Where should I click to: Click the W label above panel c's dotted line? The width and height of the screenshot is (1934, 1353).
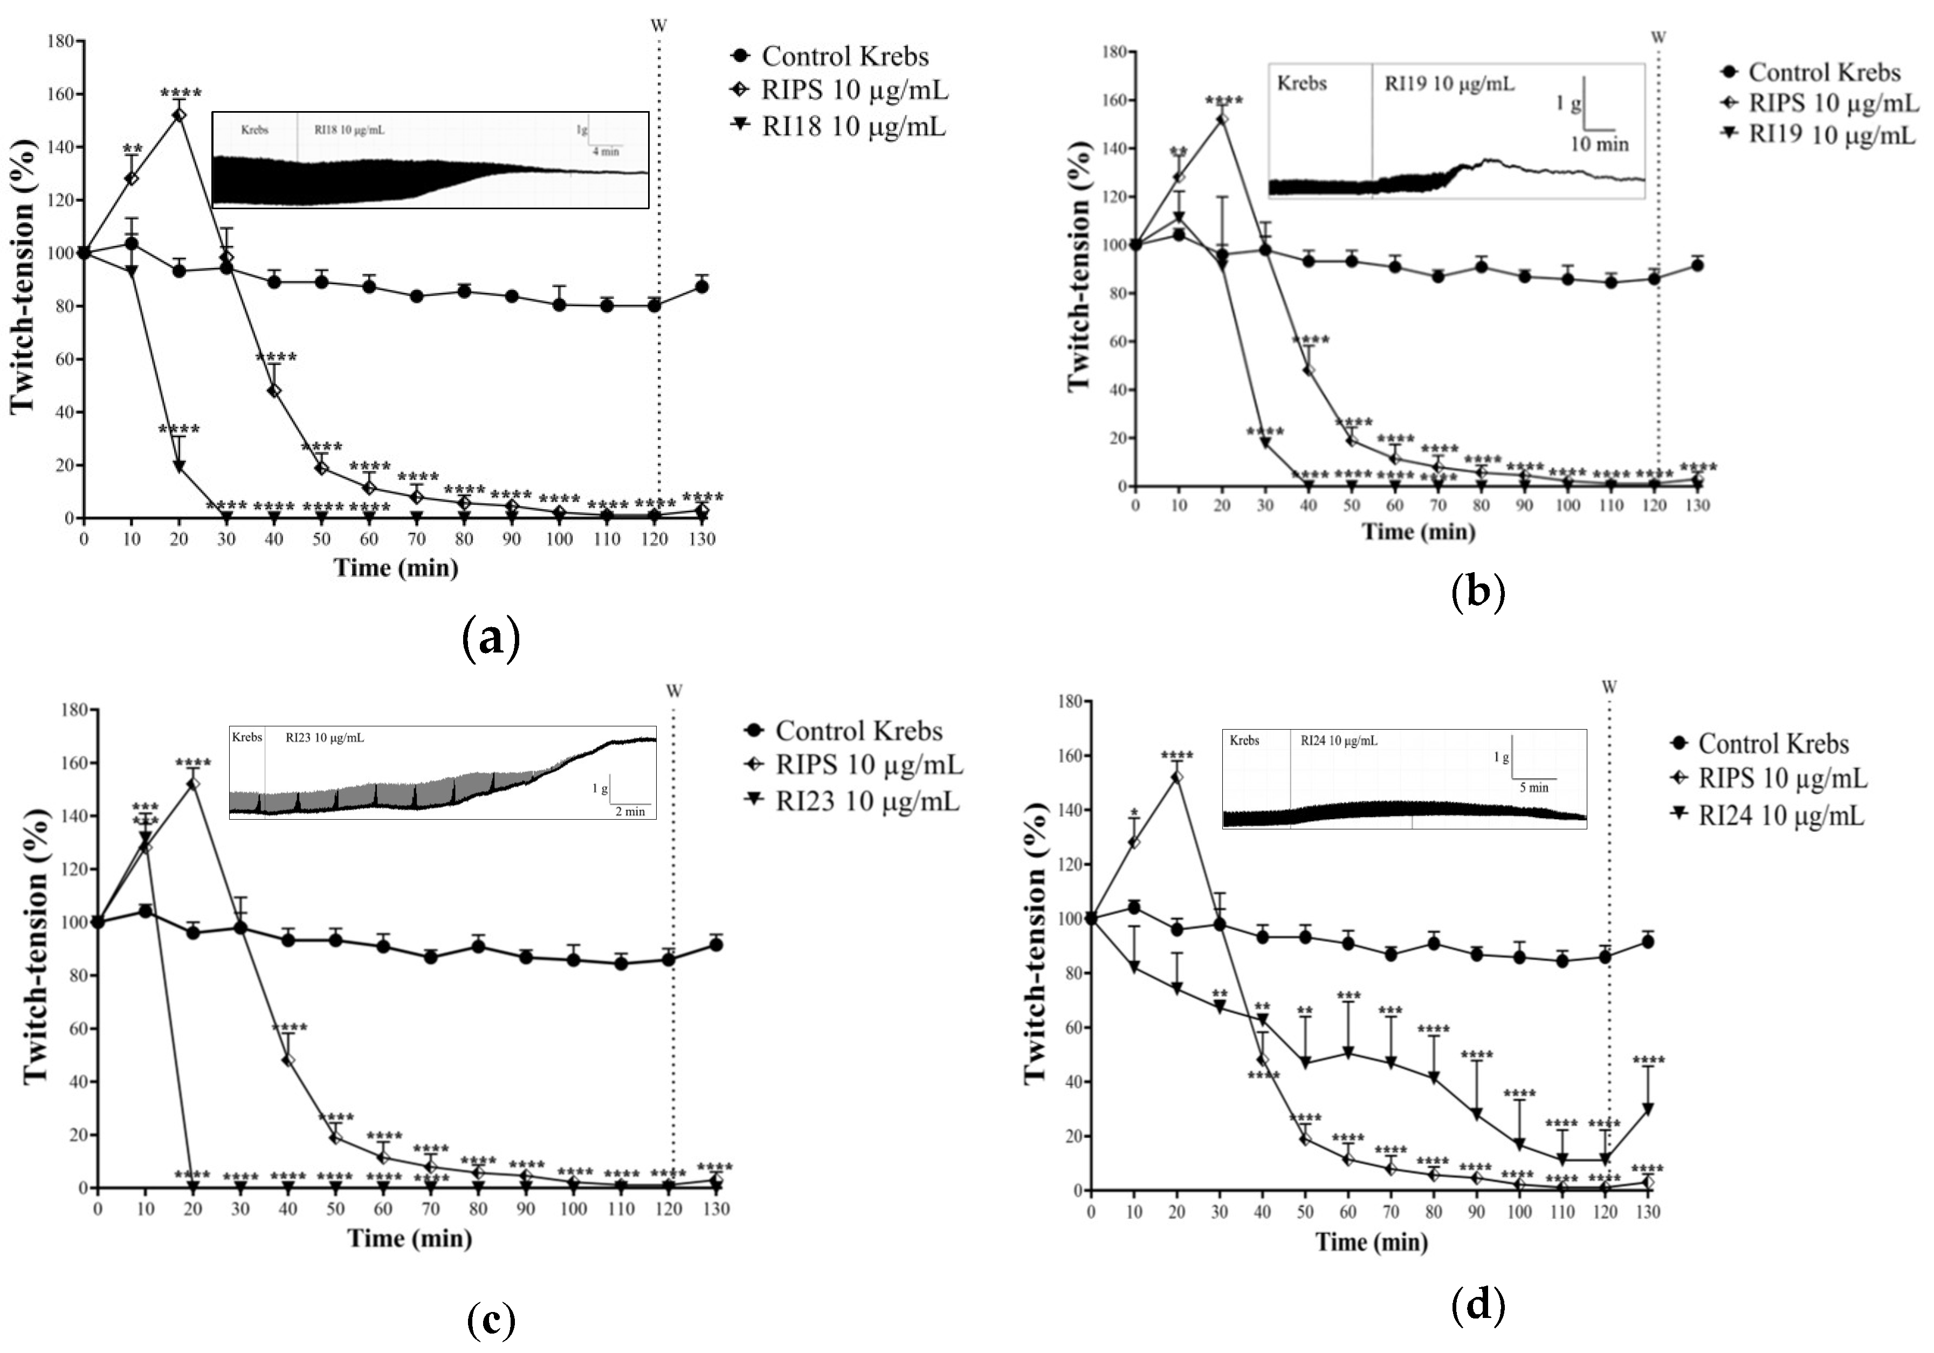point(674,691)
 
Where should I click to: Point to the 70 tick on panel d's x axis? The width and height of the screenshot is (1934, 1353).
point(1391,1212)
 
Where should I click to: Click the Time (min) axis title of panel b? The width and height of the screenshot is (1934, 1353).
point(1419,532)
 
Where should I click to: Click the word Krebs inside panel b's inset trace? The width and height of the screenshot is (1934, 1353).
point(1302,84)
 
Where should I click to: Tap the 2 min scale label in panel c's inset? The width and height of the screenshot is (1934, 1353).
point(630,811)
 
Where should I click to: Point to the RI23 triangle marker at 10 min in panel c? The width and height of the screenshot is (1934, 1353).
point(146,836)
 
